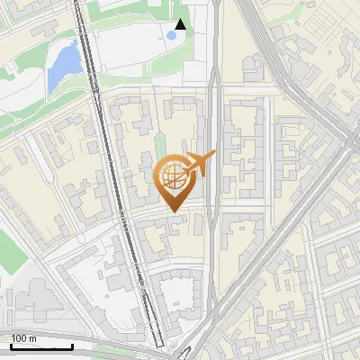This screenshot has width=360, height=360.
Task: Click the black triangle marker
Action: pyautogui.click(x=181, y=24)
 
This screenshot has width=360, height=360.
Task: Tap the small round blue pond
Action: pyautogui.click(x=171, y=36)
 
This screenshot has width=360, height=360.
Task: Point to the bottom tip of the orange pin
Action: pyautogui.click(x=173, y=211)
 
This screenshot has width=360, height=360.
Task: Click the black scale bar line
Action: pyautogui.click(x=41, y=347)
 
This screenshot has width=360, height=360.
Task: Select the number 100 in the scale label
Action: pyautogui.click(x=19, y=338)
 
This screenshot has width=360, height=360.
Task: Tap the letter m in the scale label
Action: pyautogui.click(x=32, y=338)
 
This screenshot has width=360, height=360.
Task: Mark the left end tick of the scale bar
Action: pyautogui.click(x=11, y=346)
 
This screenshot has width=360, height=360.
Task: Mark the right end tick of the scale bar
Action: pyautogui.click(x=72, y=346)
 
